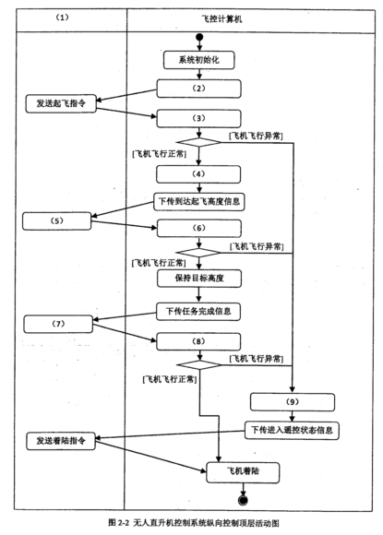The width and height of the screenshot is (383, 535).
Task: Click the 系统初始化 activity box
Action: coord(199,61)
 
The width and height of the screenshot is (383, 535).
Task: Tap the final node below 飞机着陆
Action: coord(244,499)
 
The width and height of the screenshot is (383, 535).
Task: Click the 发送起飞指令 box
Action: coord(60,103)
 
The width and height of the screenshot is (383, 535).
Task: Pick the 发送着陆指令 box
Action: coord(61,440)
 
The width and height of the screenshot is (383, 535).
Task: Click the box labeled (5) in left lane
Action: coord(59,220)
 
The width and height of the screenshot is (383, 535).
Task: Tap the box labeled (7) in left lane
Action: coord(59,325)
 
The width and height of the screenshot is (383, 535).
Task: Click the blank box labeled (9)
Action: coord(293,401)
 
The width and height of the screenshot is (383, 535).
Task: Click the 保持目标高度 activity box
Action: coord(199,276)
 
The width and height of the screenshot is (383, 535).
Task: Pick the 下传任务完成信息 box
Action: coord(199,311)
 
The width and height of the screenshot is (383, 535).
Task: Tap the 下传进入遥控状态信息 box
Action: coord(293,430)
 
